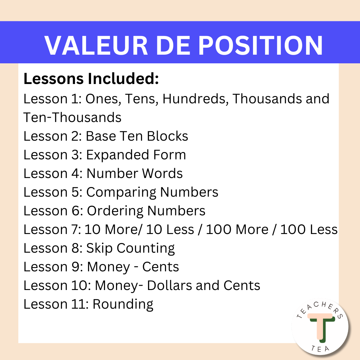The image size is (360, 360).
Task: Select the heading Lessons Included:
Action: (x=91, y=79)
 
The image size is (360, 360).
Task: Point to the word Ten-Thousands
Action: (x=72, y=117)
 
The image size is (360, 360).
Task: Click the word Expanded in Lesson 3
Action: (x=118, y=155)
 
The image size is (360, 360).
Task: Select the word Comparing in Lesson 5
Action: (x=121, y=193)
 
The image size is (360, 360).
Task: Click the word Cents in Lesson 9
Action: (x=161, y=267)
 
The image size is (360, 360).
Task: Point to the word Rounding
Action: (x=123, y=305)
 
